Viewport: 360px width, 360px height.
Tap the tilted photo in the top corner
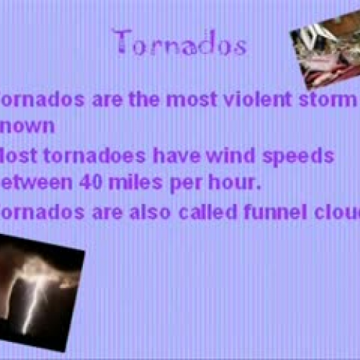coord(325,54)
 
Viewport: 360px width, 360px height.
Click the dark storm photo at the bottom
coord(40,292)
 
